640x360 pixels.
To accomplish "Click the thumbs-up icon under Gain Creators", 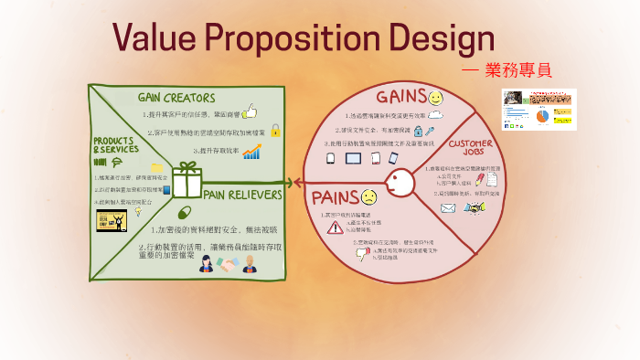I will coord(250,112).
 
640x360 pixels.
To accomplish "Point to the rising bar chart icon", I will coord(251,151).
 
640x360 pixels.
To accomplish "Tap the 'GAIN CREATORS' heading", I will coord(176,97).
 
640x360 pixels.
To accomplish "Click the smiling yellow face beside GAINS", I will coord(435,96).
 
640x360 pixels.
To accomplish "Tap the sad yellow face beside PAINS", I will coord(368,196).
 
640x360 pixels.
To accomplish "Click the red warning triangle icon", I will coord(336,228).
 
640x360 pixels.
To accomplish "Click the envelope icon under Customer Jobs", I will coord(448,207).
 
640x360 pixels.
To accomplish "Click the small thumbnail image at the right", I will coord(539,110).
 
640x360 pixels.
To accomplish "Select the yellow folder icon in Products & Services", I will coord(157,168).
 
